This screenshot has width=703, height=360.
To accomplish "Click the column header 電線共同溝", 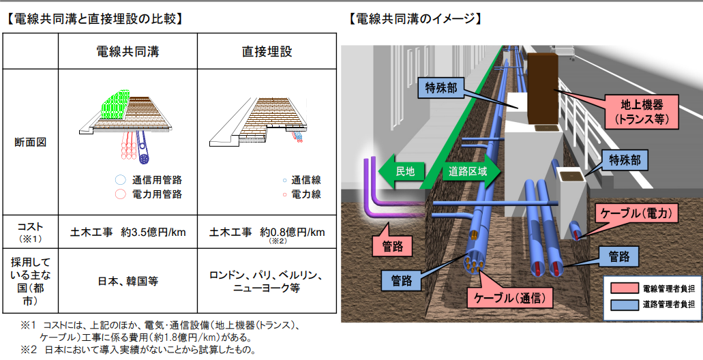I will pos(127,52).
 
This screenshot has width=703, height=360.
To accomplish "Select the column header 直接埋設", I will pos(267,52).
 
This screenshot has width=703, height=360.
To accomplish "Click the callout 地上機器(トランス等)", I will pos(644,112).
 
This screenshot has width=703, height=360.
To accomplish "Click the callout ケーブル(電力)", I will pos(637,213).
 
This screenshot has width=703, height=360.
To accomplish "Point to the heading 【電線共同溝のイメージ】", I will pos(415,19).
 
